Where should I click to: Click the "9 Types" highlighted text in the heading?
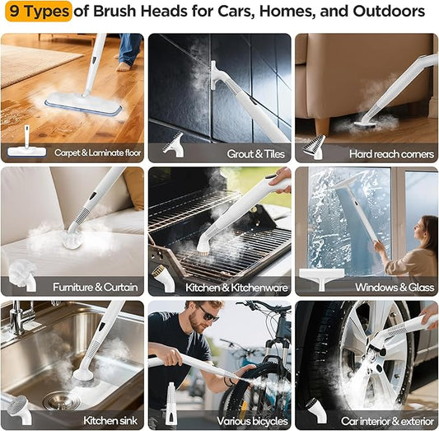(x=37, y=12)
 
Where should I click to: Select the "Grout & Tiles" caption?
(x=250, y=153)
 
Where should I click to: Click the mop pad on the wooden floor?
(x=83, y=104)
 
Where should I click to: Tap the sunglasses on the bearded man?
(x=209, y=316)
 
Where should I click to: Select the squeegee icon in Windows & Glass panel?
(x=321, y=275)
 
